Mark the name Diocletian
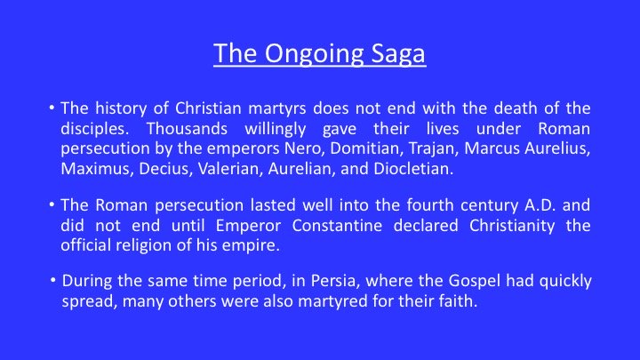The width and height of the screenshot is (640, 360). click(413, 169)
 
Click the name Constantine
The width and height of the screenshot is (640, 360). click(337, 225)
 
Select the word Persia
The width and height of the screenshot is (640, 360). click(335, 281)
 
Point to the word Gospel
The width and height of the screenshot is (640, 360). click(475, 282)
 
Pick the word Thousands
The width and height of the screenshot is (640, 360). click(187, 129)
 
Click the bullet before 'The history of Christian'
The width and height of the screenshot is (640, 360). click(52, 108)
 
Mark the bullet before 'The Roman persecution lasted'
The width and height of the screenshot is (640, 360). click(52, 204)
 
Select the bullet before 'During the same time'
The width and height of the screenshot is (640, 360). click(53, 280)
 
